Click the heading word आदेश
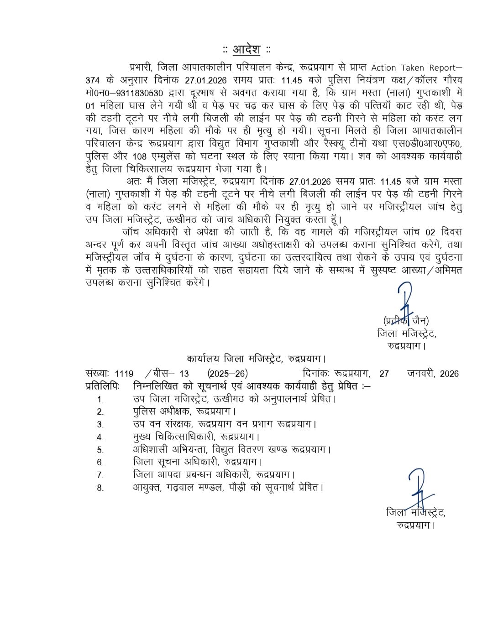[246, 49]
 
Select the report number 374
[93, 80]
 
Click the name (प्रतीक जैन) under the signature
[406, 320]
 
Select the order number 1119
[124, 374]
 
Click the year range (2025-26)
[227, 374]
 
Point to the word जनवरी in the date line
[420, 374]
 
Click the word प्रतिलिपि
[102, 386]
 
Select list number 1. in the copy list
[100, 399]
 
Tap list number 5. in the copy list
[100, 450]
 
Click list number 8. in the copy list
[100, 488]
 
